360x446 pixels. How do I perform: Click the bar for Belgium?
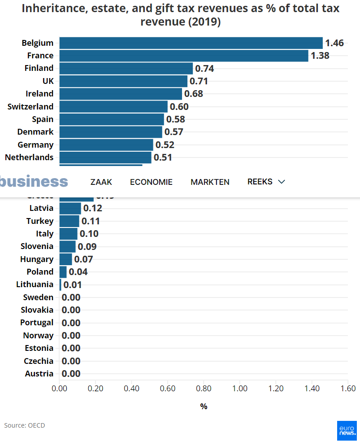click(191, 43)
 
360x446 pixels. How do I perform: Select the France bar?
click(184, 56)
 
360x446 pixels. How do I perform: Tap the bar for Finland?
click(126, 68)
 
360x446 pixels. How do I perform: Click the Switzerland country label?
click(30, 106)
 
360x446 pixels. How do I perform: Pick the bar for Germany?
click(106, 144)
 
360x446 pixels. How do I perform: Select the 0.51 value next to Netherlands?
click(163, 157)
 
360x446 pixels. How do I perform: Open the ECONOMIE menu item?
click(151, 182)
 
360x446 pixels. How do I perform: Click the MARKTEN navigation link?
click(210, 182)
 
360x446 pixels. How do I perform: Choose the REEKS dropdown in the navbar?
click(266, 181)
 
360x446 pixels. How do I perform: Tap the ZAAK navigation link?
click(101, 182)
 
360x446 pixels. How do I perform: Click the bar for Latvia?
click(70, 208)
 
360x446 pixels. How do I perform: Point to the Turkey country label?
click(40, 221)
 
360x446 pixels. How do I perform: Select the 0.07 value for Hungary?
click(83, 259)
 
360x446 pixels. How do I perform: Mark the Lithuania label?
click(35, 284)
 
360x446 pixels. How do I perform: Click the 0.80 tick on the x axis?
click(204, 388)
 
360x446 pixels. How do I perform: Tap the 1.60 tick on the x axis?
click(348, 388)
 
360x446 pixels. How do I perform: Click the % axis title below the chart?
click(204, 406)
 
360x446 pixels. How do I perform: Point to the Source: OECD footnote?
click(25, 425)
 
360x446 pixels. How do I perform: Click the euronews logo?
click(347, 431)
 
